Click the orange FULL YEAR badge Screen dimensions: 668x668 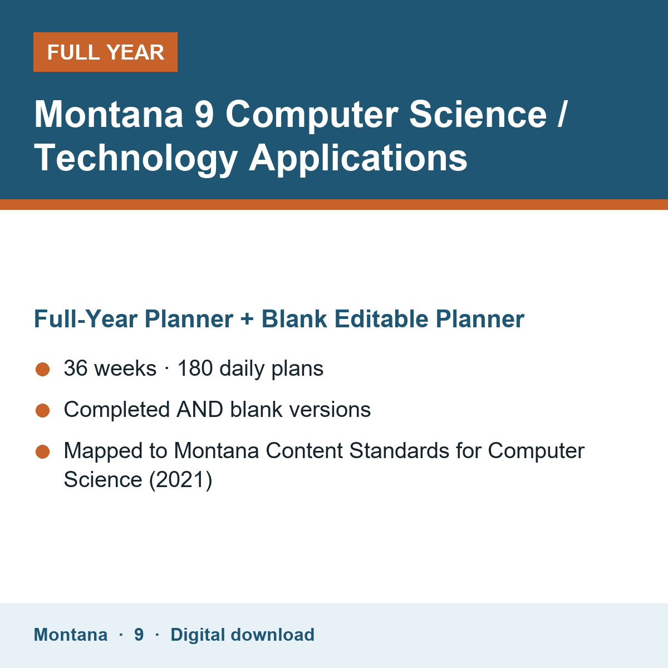coord(105,52)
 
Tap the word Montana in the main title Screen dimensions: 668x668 coord(109,115)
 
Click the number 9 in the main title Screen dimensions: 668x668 coord(204,115)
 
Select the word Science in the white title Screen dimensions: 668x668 coord(478,115)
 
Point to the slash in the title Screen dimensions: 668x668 coord(562,115)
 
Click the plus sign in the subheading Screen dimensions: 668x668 coord(247,318)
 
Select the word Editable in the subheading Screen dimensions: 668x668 coord(381,318)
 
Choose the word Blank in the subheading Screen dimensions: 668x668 coord(294,318)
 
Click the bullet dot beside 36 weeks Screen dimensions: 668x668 coord(43,369)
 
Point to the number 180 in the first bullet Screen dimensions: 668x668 coord(195,368)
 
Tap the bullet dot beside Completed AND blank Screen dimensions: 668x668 coord(43,410)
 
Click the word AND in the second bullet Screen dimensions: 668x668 coord(200,409)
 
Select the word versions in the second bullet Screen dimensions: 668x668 coord(330,409)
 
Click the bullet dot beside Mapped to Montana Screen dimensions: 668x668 coord(43,451)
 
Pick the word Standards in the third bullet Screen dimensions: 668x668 coord(399,451)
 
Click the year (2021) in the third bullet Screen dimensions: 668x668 coord(180,480)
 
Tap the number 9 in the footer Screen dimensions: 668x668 coord(139,635)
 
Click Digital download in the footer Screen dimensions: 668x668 coord(242,635)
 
